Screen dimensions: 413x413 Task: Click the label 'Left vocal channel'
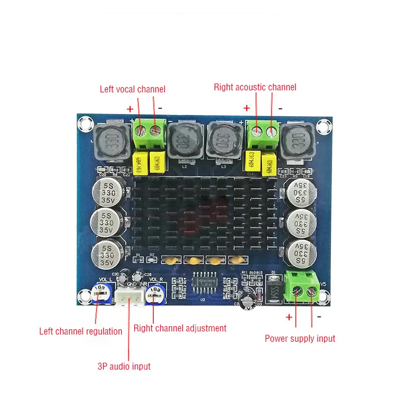point(133,89)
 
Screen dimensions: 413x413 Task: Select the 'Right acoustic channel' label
point(255,87)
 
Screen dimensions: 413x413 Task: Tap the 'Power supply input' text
point(300,339)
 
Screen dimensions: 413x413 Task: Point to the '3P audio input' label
point(124,366)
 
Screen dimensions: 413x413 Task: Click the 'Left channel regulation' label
point(81,331)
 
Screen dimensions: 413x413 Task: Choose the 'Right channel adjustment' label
point(180,328)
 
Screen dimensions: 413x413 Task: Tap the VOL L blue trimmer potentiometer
point(102,292)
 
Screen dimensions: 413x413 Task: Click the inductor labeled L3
point(223,141)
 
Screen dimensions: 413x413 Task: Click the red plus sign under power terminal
point(289,317)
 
